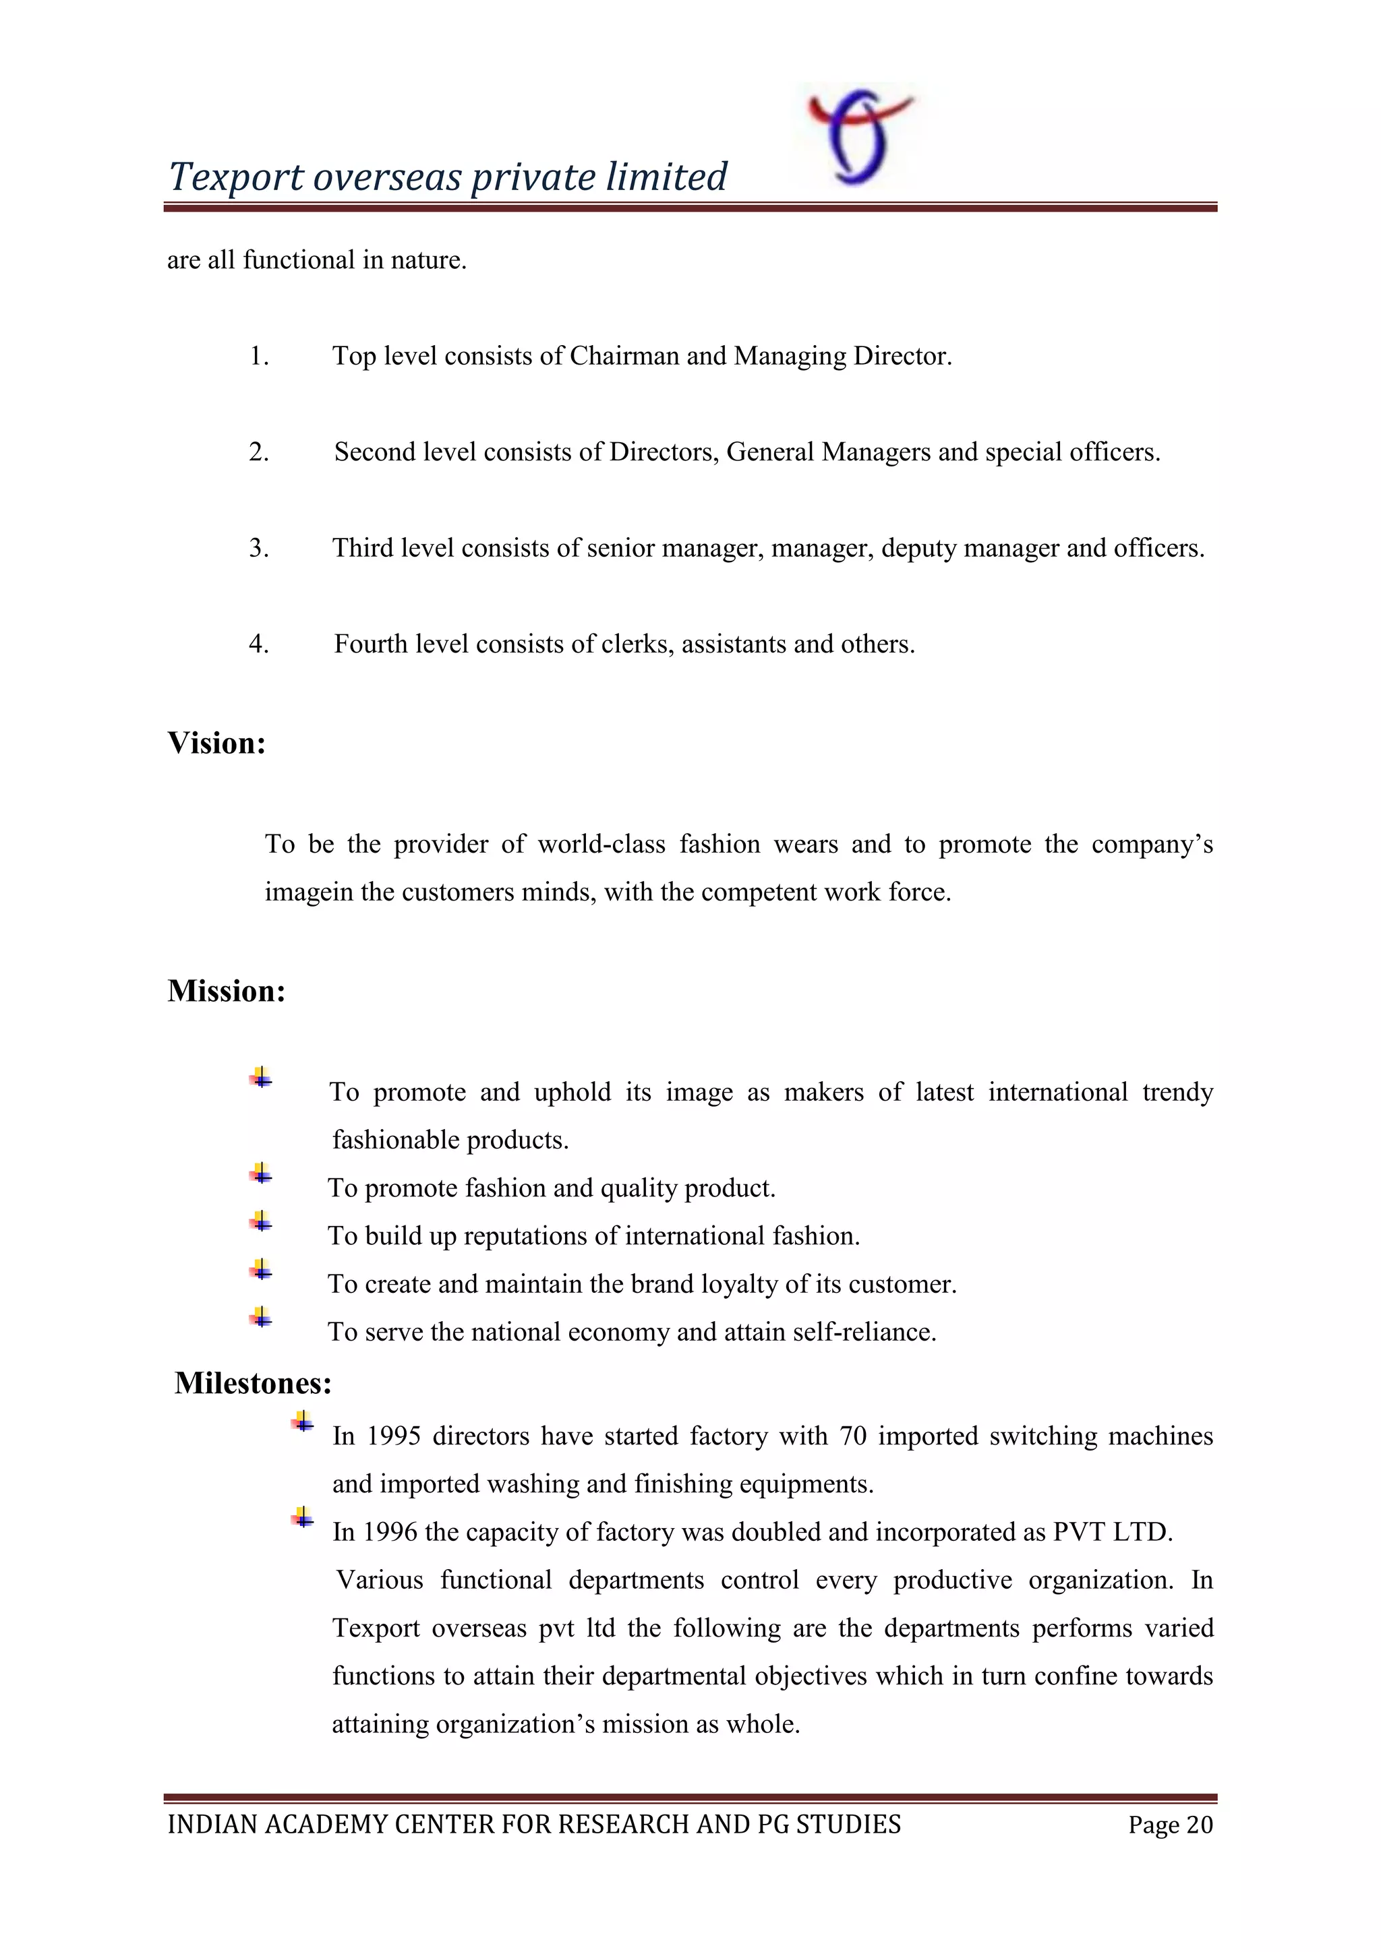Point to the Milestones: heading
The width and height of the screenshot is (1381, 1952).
pos(253,1383)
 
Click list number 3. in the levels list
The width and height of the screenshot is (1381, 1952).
pos(258,549)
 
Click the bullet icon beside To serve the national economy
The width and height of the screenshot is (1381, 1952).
pos(261,1318)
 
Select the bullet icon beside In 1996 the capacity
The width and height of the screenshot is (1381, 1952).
pos(302,1517)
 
